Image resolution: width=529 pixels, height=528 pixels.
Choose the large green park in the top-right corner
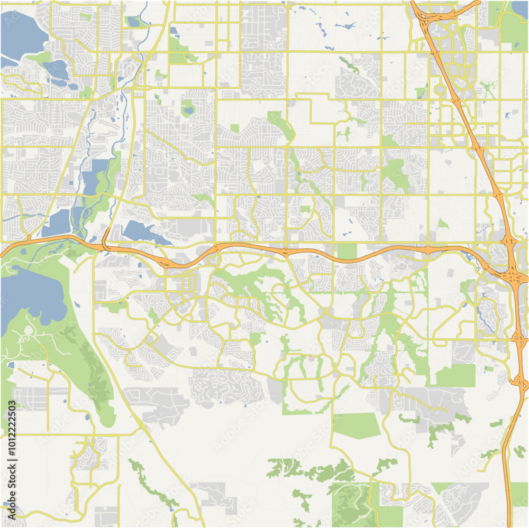(513, 29)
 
